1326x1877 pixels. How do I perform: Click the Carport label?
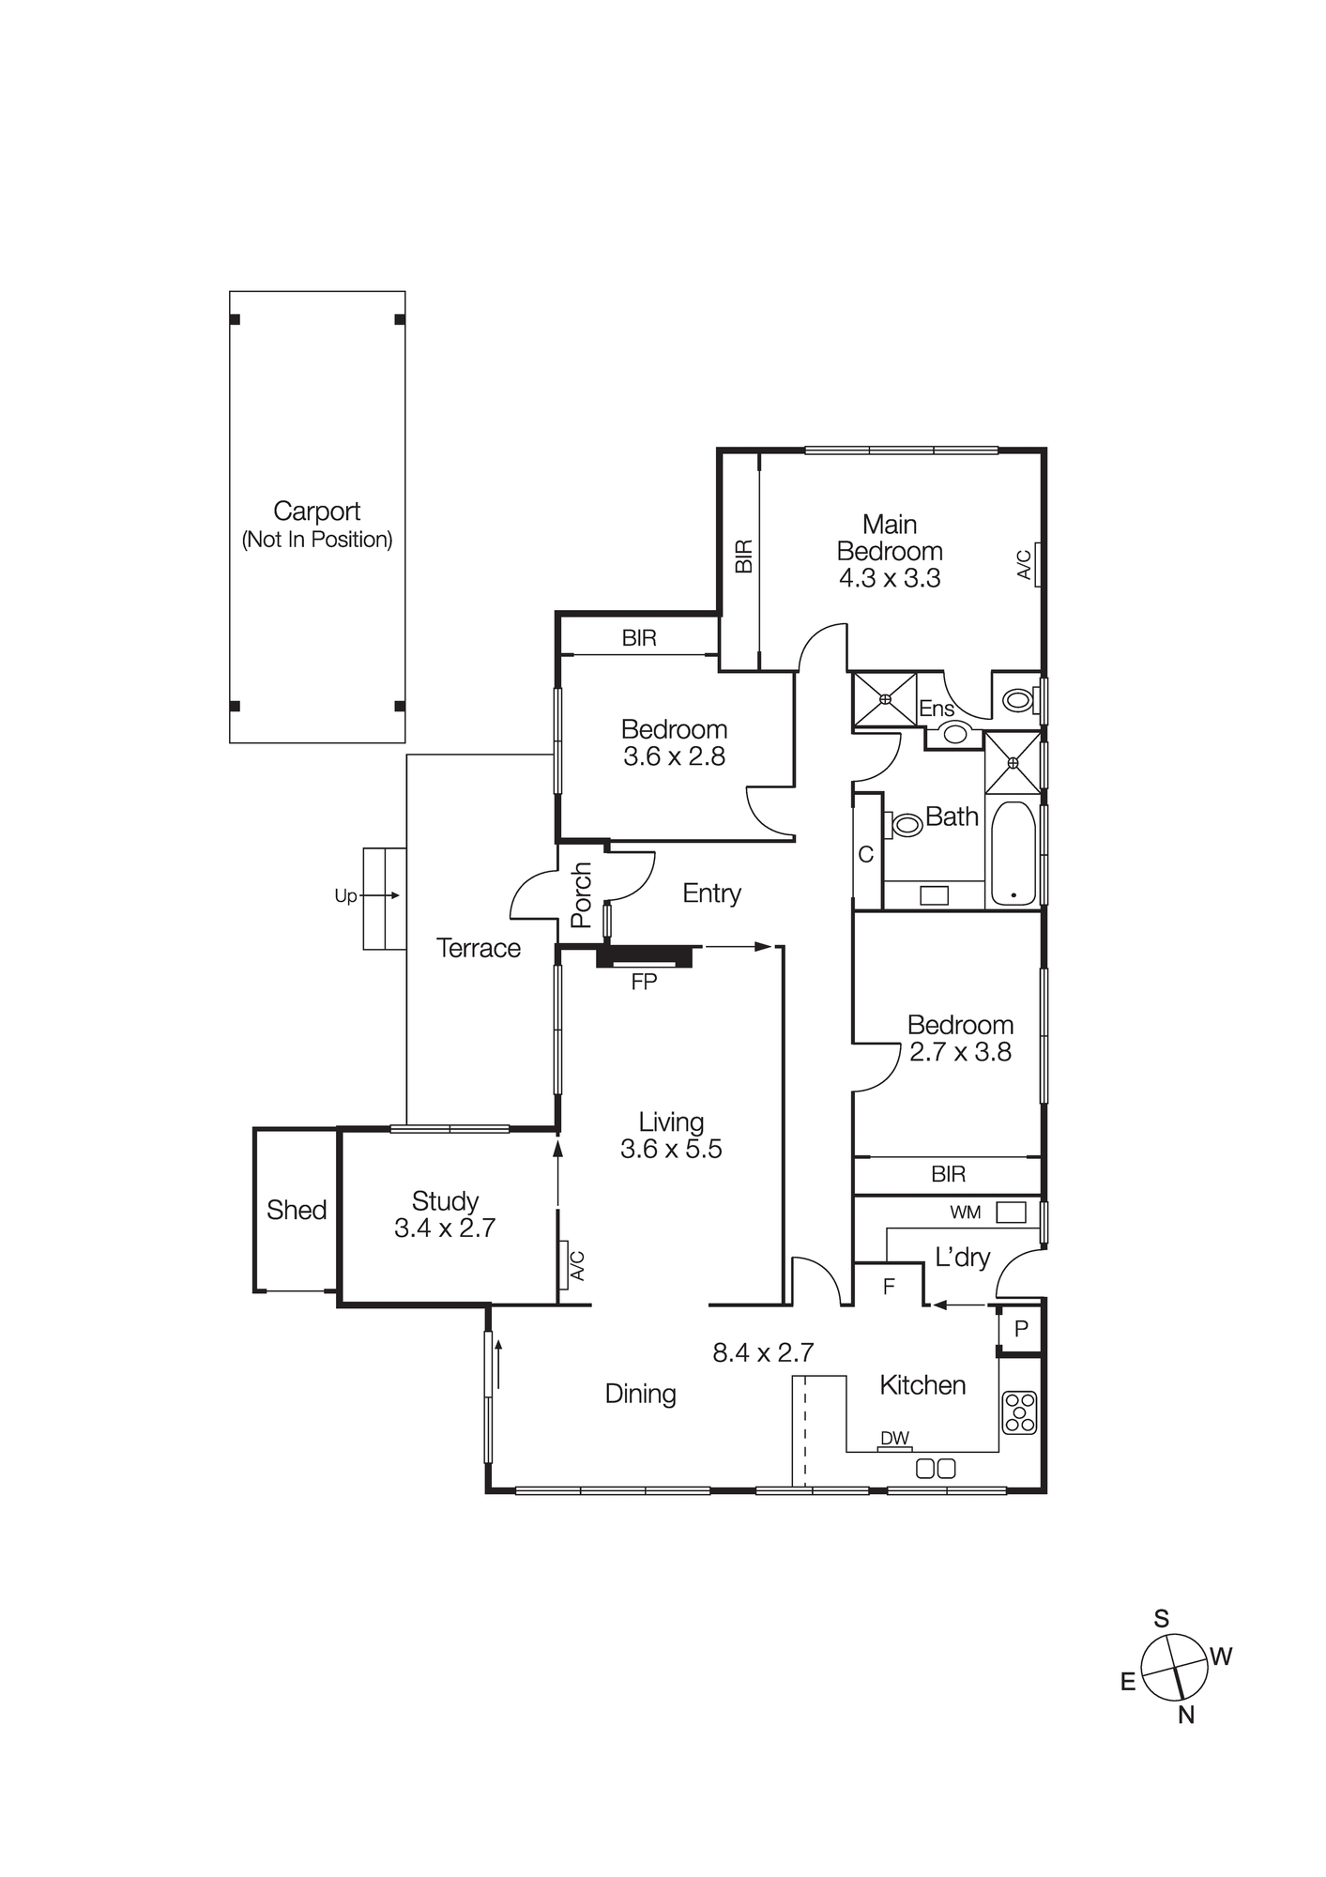[316, 511]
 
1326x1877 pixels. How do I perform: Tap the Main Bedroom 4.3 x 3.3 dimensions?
[889, 578]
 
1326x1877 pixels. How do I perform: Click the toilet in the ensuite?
[1017, 700]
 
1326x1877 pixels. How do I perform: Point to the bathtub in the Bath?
[1014, 853]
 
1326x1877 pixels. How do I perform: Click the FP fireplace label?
[644, 983]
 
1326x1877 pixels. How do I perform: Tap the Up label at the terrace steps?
[345, 896]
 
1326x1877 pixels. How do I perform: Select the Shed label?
[297, 1210]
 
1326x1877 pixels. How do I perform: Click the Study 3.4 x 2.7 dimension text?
[445, 1228]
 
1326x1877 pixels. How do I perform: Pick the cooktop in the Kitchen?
[1020, 1412]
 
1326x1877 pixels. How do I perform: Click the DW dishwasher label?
[894, 1439]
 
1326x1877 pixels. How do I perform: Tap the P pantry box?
[1021, 1329]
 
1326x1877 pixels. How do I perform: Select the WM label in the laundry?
[965, 1213]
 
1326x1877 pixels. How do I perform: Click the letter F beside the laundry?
[889, 1287]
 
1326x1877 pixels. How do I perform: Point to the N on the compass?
[1186, 1715]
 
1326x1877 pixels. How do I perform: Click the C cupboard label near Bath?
[865, 854]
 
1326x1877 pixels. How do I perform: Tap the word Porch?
[582, 895]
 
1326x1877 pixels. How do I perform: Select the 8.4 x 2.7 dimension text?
[763, 1352]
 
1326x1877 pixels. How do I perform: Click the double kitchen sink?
[936, 1469]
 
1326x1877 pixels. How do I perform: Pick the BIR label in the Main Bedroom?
[743, 556]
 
